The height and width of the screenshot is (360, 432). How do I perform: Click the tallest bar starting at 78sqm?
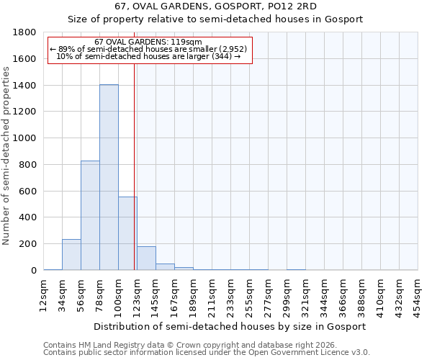click(109, 177)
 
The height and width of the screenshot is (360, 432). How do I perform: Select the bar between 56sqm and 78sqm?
click(90, 215)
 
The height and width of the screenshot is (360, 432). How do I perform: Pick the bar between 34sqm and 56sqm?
click(71, 255)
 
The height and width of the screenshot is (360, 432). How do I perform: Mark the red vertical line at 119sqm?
click(135, 166)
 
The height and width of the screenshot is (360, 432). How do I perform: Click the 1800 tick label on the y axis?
click(24, 32)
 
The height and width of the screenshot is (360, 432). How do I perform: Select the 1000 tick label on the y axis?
click(24, 138)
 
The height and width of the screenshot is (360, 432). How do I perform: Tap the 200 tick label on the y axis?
click(27, 244)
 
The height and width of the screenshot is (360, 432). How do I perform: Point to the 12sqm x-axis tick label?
click(43, 294)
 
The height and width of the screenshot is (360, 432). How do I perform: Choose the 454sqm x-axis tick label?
click(418, 294)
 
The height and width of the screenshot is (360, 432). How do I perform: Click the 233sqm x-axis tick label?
click(230, 294)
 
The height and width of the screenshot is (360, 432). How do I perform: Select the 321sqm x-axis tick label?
click(305, 294)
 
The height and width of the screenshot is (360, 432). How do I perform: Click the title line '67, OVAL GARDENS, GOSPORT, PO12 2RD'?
click(215, 6)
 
